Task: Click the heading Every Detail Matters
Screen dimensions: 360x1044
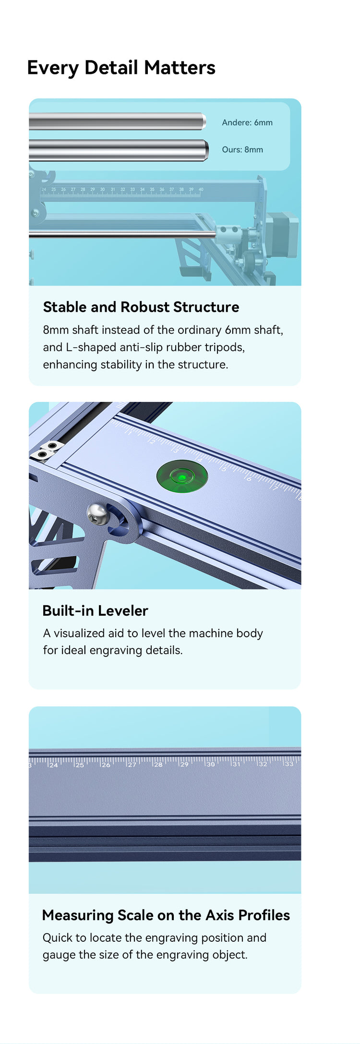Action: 121,68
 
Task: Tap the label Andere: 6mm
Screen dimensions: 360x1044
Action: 247,122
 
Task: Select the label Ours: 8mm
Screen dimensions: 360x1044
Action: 242,149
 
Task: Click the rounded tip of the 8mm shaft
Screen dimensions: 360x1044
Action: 207,150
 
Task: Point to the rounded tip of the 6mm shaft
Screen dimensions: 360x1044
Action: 204,121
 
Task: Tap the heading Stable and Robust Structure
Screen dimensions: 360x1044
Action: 141,307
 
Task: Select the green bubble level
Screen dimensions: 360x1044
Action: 182,477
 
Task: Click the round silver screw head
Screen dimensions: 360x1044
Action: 97,514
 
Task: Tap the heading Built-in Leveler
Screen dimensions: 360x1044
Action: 95,610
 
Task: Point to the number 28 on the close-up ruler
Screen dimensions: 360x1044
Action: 158,764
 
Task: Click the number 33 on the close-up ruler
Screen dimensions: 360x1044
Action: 289,763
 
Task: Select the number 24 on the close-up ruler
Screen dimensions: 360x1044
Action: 53,765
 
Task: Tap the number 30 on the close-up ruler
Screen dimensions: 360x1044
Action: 211,764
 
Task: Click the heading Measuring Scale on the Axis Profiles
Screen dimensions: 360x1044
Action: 166,915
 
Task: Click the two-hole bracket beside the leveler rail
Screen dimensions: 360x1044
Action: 47,450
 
